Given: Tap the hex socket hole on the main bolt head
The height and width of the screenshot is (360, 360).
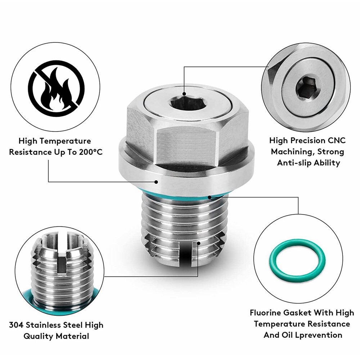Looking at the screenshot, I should [184, 103].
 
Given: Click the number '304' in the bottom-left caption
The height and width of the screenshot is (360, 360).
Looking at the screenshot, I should [17, 325].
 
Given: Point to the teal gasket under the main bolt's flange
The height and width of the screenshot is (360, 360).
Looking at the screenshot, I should [169, 194].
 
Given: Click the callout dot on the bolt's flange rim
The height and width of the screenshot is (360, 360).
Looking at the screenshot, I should [157, 182].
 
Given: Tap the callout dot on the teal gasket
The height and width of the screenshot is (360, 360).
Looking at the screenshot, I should [210, 197].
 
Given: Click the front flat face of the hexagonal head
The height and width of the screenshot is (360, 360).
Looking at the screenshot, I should [180, 144].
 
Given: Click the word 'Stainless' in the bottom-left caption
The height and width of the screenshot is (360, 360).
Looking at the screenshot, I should [49, 325].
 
